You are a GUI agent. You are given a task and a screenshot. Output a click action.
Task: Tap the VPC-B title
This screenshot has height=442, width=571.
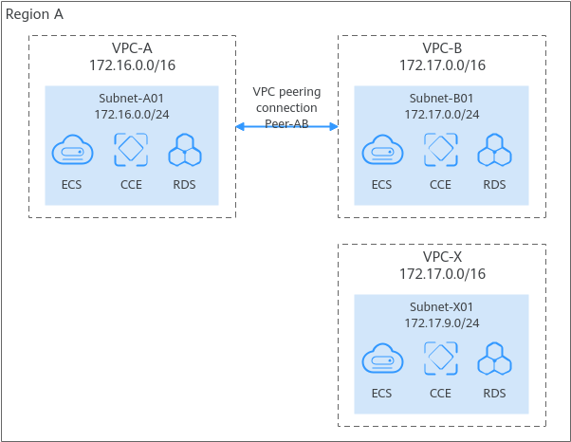click(x=442, y=48)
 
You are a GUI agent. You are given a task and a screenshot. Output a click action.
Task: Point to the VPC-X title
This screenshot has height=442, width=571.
click(x=442, y=256)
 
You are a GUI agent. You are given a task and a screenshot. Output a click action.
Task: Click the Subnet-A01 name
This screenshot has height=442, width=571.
click(x=132, y=98)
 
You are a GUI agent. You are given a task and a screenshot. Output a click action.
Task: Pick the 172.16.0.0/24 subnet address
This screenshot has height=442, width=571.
click(x=132, y=114)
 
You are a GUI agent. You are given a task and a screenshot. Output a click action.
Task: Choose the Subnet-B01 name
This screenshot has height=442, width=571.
click(x=442, y=98)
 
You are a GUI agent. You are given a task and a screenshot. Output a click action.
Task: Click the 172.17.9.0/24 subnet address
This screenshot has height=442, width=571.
click(x=442, y=322)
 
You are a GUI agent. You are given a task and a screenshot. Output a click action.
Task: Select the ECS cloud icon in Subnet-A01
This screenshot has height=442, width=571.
click(x=72, y=150)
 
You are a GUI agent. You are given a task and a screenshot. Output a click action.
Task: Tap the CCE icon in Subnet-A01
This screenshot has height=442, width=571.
click(x=131, y=150)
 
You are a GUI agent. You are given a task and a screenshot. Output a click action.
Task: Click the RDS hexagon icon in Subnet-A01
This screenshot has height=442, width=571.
click(x=184, y=151)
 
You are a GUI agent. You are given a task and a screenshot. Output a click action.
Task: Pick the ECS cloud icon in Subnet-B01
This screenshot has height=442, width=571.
click(x=381, y=150)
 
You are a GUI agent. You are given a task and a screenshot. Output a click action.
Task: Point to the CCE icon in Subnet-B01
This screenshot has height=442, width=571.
click(x=440, y=150)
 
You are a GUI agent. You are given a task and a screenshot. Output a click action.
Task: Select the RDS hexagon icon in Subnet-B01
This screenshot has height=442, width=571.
click(x=494, y=151)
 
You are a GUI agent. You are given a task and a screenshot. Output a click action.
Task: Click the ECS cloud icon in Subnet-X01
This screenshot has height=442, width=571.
click(x=381, y=359)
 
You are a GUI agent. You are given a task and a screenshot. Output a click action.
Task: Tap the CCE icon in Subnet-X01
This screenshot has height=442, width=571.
click(x=440, y=359)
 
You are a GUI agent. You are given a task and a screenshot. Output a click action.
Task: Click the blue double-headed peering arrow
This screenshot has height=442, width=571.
click(x=286, y=126)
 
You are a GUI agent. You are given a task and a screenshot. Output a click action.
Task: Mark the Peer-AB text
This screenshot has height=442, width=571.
click(x=285, y=124)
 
